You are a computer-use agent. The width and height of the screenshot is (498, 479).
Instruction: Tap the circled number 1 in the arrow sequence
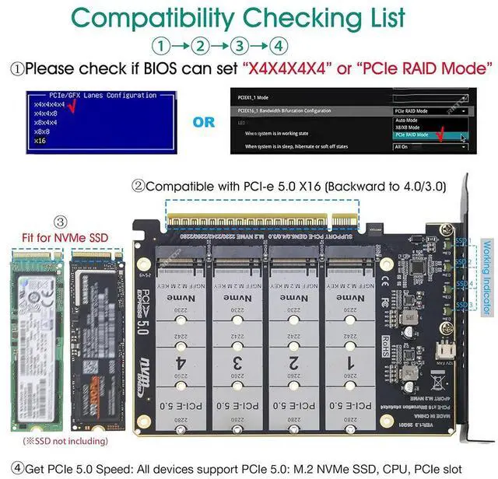(162, 46)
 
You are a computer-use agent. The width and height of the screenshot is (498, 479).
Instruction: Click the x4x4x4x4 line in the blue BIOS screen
(51, 103)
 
